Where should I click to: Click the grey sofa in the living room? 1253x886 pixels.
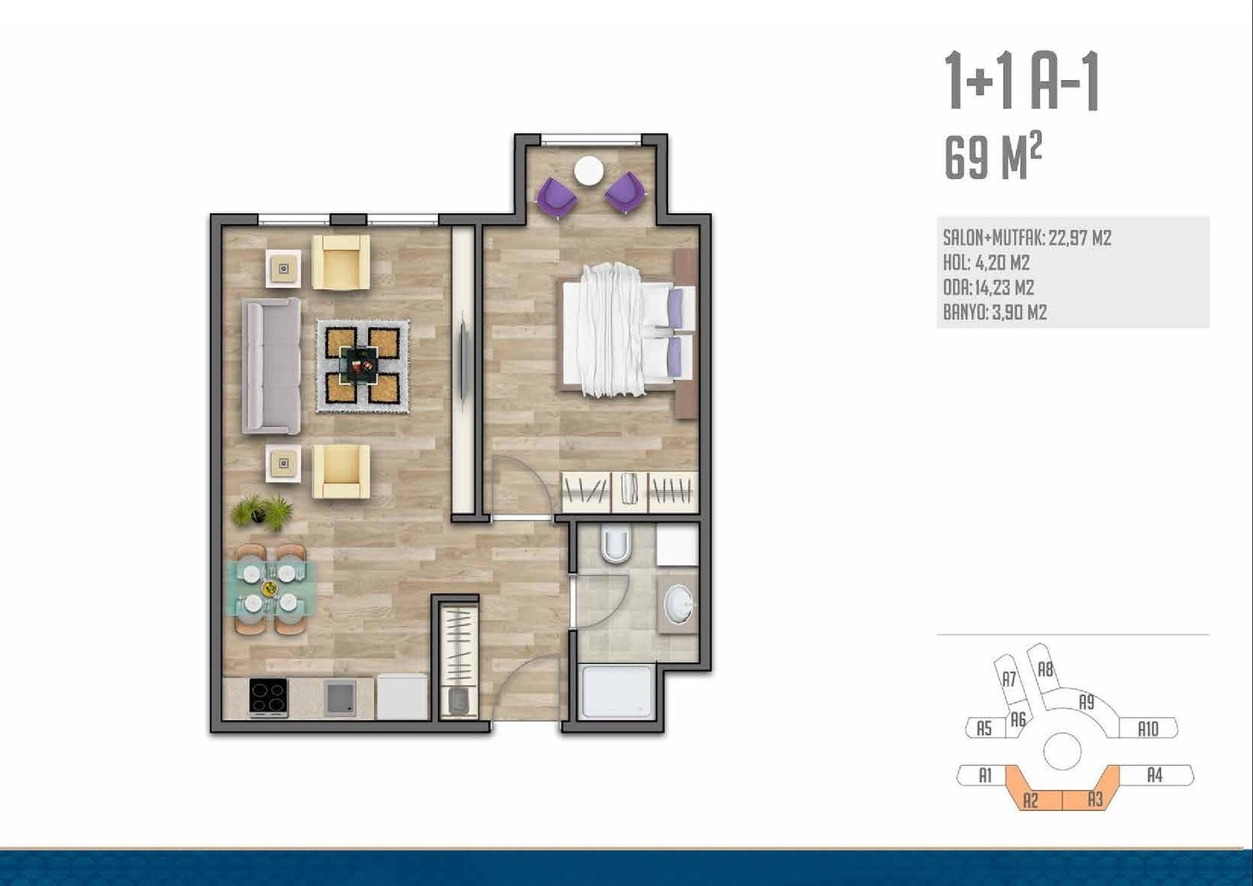(x=271, y=366)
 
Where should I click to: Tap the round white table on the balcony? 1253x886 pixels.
(x=589, y=172)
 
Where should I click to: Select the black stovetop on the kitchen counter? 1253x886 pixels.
(x=268, y=697)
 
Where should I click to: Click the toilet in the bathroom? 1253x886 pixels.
(x=615, y=544)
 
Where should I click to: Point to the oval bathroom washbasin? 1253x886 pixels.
(x=679, y=603)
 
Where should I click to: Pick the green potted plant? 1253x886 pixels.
(x=262, y=512)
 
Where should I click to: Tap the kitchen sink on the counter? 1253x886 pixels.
(x=339, y=697)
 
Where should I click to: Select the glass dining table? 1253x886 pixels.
(x=270, y=589)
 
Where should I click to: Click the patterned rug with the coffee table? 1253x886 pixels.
(x=363, y=365)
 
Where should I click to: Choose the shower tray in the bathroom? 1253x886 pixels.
(x=617, y=692)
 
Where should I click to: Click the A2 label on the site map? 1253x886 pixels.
(x=1030, y=800)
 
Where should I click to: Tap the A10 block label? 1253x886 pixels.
(x=1148, y=729)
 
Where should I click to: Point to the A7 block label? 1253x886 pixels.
(x=1009, y=679)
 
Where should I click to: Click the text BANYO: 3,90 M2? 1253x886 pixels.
(x=995, y=313)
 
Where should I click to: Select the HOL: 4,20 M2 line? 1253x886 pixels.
(x=986, y=263)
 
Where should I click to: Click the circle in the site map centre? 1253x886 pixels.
(x=1062, y=752)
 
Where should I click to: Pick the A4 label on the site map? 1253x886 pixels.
(x=1154, y=775)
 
